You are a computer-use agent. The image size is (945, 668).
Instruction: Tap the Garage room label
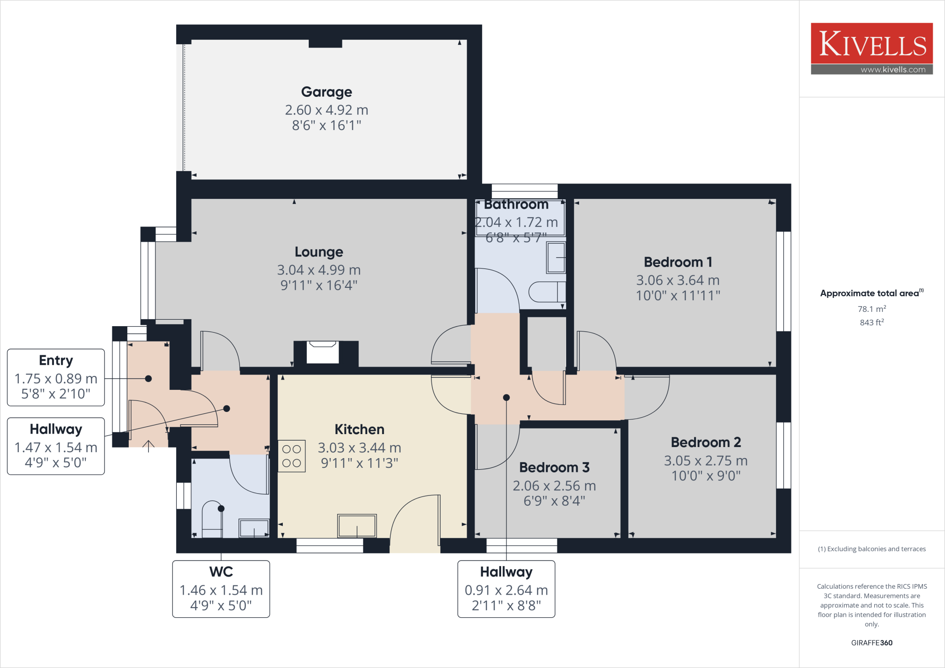(x=326, y=92)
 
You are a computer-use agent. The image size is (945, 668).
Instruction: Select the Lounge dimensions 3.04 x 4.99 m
(x=318, y=270)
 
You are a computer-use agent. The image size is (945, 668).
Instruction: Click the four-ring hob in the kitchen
(x=292, y=456)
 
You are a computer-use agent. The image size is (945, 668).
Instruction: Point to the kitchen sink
(x=357, y=525)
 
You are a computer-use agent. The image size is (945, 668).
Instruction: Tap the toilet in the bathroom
(x=548, y=292)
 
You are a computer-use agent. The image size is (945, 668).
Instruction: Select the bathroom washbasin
(x=556, y=257)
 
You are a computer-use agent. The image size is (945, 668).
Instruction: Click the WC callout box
(x=221, y=589)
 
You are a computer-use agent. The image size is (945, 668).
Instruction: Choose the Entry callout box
(x=56, y=377)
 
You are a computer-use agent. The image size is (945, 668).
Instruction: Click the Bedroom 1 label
(x=678, y=262)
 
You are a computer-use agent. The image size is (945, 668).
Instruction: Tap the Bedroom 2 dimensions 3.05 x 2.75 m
(x=706, y=460)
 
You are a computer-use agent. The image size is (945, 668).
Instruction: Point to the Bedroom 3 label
(x=554, y=467)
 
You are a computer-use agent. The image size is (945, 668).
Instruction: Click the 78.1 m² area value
(x=871, y=309)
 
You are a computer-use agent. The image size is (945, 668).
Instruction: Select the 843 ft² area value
(x=871, y=322)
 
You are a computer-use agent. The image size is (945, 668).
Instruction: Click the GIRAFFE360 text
(x=871, y=643)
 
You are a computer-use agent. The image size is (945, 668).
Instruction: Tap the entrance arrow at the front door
(x=148, y=446)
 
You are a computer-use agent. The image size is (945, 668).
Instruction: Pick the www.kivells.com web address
(x=892, y=70)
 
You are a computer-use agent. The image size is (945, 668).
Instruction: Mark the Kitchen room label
(x=359, y=429)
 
